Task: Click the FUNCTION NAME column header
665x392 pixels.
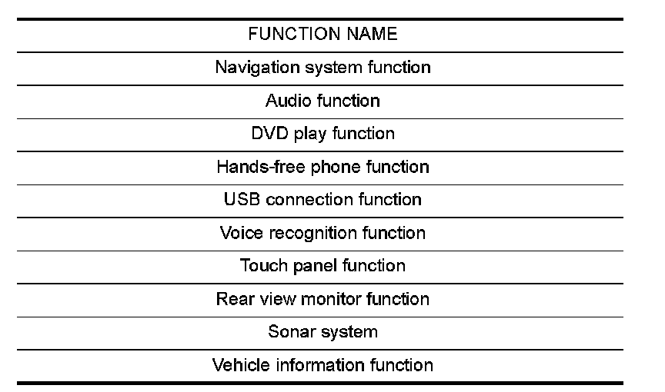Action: [322, 35]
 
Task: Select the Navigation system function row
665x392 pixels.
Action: [322, 68]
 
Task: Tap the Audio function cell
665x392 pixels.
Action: [322, 101]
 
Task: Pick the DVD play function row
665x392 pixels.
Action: [322, 134]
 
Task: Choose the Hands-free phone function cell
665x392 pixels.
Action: [322, 167]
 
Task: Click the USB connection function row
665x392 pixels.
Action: [322, 200]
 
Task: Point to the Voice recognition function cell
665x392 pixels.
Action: [322, 233]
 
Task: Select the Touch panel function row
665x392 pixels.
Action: [322, 266]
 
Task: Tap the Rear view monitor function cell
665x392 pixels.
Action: [322, 299]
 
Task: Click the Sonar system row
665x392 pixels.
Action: [322, 332]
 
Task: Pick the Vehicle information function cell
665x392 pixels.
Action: [322, 365]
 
